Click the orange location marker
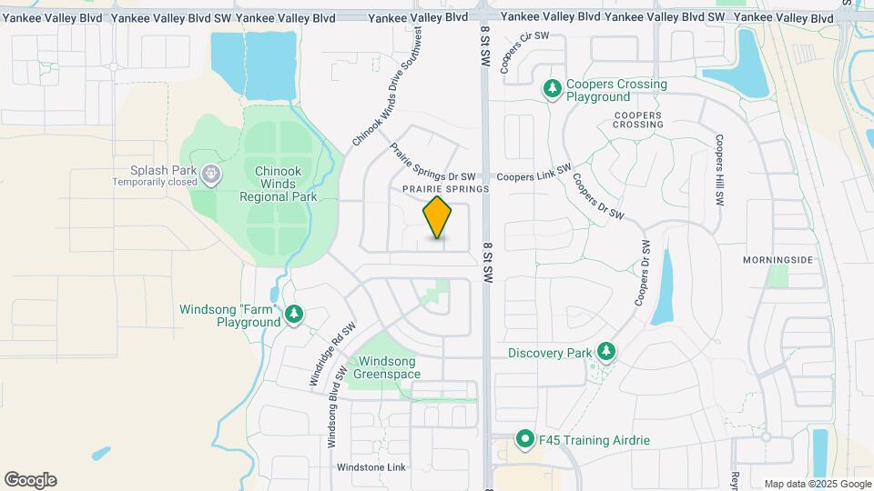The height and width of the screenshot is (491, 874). coord(438,217)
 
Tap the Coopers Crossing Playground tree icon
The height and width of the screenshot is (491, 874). coord(552,89)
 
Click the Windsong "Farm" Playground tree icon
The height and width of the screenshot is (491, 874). coord(293,315)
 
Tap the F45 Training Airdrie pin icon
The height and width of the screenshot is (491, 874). coord(525,440)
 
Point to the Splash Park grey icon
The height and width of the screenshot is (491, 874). coord(211,171)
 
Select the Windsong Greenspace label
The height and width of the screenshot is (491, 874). coord(387,367)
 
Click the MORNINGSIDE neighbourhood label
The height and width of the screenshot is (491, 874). coord(777,260)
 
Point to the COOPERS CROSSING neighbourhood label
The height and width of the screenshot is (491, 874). coord(650,119)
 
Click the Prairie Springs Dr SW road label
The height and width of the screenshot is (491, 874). coord(432,162)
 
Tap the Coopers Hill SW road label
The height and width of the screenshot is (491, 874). coord(719,171)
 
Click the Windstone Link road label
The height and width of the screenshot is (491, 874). coord(371,467)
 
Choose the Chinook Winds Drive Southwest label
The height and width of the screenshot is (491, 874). coord(387,86)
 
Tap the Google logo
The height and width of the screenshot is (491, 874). coord(30,480)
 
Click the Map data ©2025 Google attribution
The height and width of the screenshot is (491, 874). coord(817,484)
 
